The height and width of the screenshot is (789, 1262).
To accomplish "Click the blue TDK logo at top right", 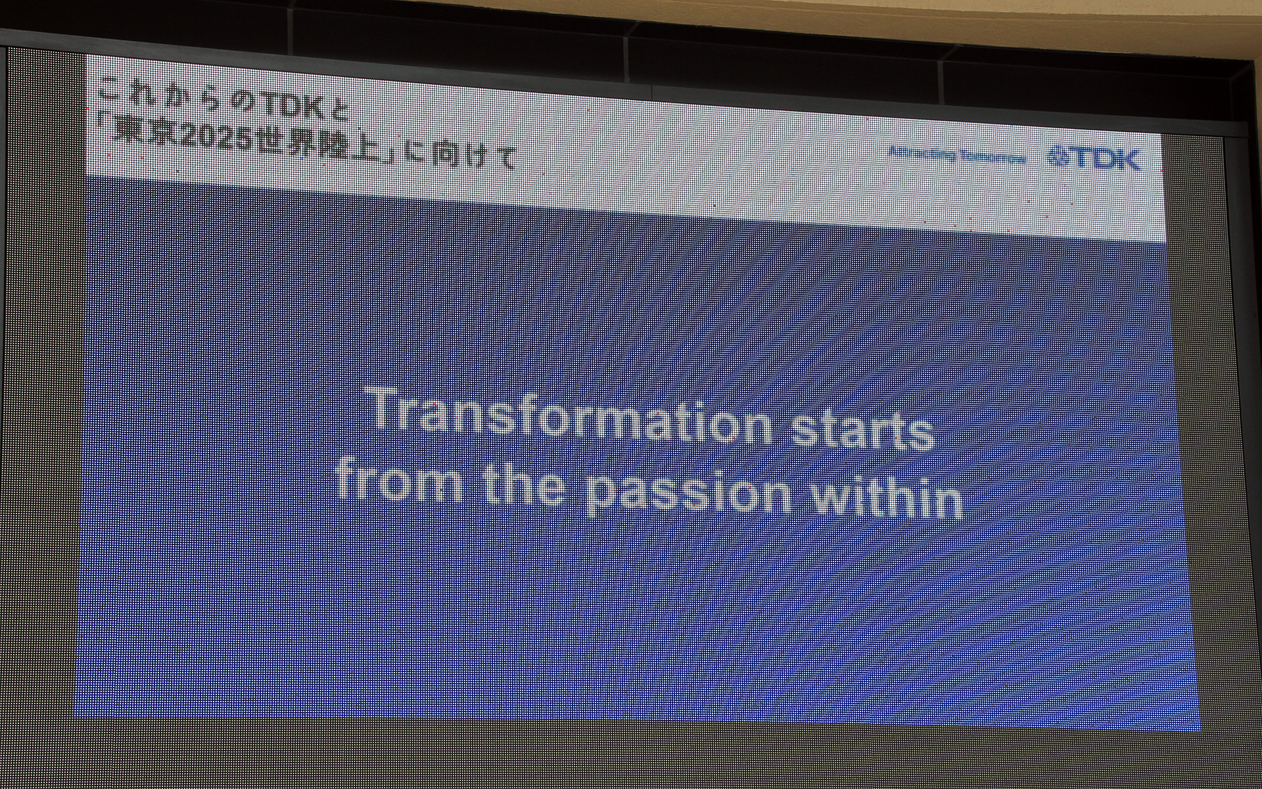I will (1094, 158).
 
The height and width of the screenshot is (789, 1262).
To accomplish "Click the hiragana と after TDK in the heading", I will (340, 111).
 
